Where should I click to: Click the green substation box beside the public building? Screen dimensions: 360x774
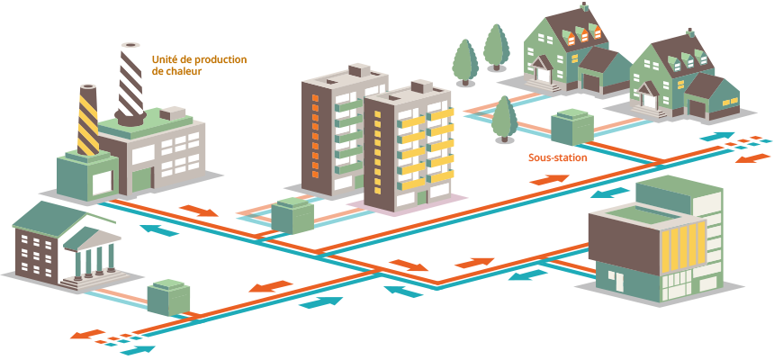(168, 296)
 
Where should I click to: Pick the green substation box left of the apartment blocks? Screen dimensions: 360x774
(292, 216)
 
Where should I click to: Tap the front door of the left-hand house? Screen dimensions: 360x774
(543, 78)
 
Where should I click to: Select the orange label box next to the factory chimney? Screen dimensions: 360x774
(197, 65)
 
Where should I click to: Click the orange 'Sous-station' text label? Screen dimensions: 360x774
(557, 157)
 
